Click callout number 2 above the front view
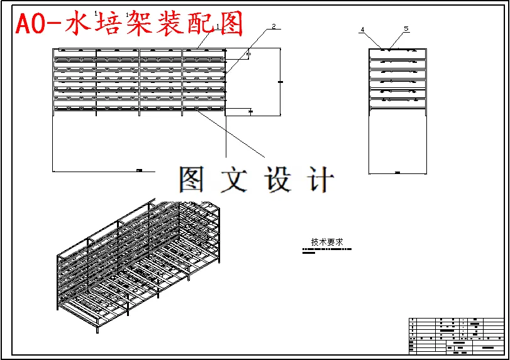click(274, 26)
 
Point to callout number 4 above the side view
click(362, 30)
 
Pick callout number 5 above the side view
click(406, 28)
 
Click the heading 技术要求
click(326, 241)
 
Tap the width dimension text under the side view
click(397, 172)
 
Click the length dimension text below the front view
click(139, 170)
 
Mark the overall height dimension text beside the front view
click(280, 82)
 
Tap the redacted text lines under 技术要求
click(326, 250)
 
